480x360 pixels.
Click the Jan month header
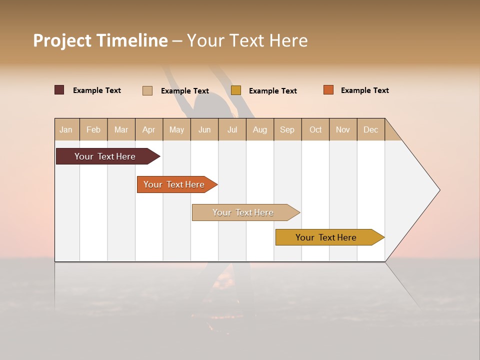click(66, 129)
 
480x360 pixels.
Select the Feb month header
click(93, 129)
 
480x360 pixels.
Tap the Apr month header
click(149, 129)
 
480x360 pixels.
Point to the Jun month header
click(204, 129)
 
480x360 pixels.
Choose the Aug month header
click(260, 129)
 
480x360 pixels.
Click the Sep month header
click(287, 129)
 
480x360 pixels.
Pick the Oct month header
click(315, 129)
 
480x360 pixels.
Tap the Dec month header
click(371, 129)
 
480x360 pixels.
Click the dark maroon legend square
click(59, 90)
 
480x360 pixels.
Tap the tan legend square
click(147, 90)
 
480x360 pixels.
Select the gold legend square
click(236, 90)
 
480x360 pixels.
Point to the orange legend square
click(328, 90)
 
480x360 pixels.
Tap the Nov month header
click(343, 129)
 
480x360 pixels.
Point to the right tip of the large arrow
click(438, 190)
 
